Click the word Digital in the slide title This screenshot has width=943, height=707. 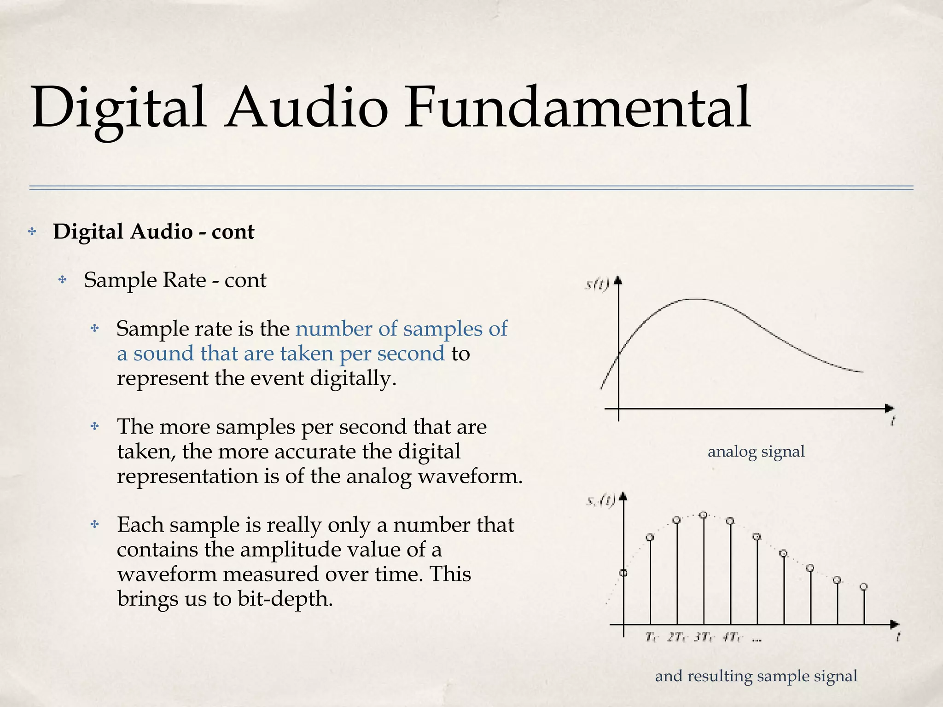coord(118,109)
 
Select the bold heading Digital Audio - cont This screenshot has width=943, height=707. coord(153,232)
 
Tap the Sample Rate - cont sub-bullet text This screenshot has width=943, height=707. coord(175,280)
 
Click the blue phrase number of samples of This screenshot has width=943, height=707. coord(401,329)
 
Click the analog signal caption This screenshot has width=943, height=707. coord(756,452)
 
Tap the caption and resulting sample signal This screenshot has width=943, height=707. coord(756,676)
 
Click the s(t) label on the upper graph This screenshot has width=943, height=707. coord(597,284)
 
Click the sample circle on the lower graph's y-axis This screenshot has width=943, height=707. coord(623,573)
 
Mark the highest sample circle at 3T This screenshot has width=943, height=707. coord(703,515)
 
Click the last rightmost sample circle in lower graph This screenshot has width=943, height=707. coord(864,586)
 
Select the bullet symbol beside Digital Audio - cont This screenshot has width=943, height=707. coord(32,232)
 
